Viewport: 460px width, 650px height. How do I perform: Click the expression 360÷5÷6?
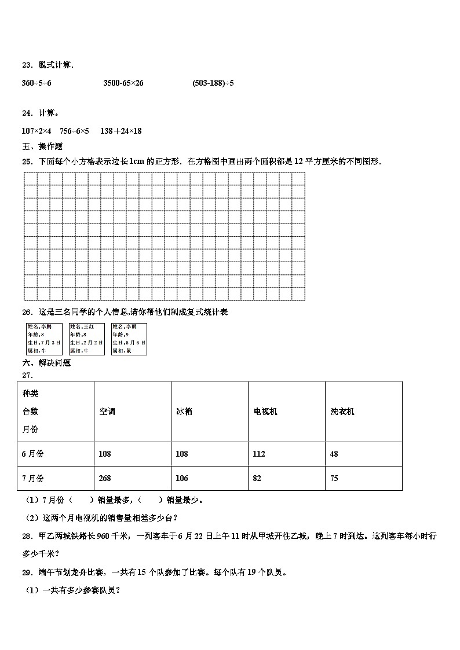tap(36, 83)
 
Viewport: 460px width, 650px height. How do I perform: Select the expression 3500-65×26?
tap(123, 83)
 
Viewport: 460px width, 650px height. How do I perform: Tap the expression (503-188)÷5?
tap(213, 83)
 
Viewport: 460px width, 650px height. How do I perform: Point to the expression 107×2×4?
tap(36, 131)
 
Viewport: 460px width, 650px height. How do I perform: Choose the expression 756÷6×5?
tap(75, 131)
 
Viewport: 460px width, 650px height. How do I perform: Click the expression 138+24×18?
tap(121, 131)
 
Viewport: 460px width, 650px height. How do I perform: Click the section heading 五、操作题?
tap(42, 146)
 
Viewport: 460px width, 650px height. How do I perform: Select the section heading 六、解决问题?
tap(46, 363)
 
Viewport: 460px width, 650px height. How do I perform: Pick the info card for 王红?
tap(86, 339)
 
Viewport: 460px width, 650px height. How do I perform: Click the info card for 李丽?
tap(129, 339)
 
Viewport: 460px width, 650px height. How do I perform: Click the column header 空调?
tap(107, 412)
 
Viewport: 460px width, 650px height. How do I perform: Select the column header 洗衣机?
tap(342, 412)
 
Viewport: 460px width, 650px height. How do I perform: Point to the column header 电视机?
tap(265, 412)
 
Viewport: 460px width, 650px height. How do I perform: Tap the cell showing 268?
tap(105, 478)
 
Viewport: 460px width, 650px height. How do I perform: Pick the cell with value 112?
tap(259, 454)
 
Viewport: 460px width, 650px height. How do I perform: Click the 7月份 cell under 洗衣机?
tap(334, 478)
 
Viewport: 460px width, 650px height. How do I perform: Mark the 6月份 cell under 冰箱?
tap(182, 454)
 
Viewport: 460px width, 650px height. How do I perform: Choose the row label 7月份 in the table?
tap(33, 478)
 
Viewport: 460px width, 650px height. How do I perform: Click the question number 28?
tap(27, 537)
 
